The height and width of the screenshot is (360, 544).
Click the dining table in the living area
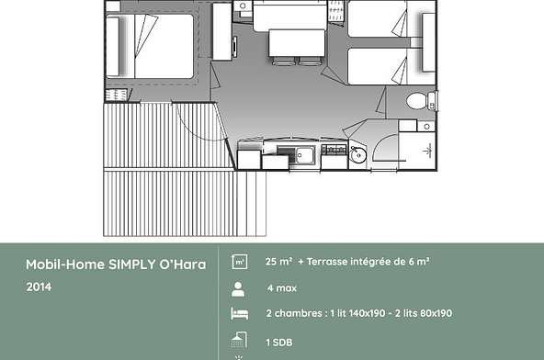(297, 44)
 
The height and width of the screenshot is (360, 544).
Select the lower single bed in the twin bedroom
(384, 66)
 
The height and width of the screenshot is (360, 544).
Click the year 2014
(39, 287)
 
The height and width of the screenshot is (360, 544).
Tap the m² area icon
(240, 262)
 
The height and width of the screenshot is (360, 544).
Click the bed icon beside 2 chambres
(240, 314)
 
